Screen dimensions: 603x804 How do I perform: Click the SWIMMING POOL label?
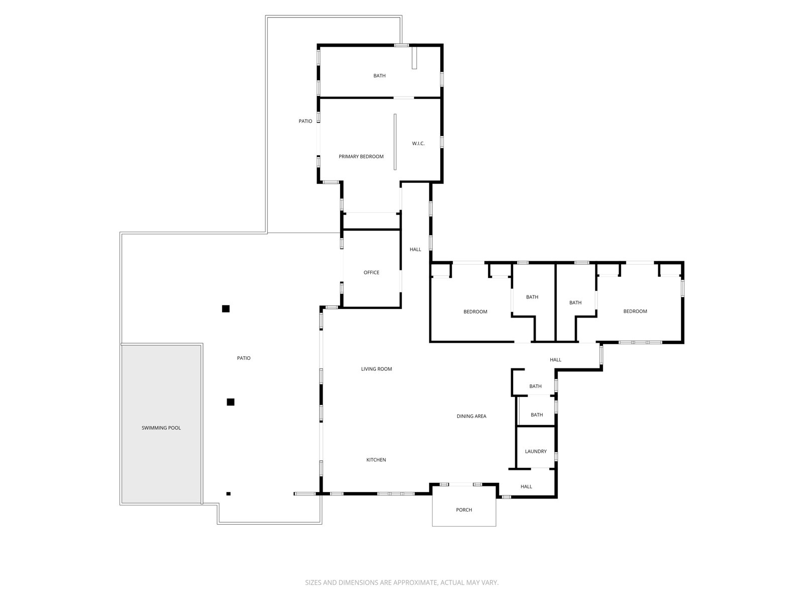[161, 428]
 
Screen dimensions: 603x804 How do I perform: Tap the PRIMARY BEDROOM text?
[361, 157]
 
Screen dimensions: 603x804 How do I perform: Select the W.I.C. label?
[418, 144]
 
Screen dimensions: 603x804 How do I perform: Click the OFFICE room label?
[371, 272]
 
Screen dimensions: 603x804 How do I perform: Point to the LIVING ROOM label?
[376, 369]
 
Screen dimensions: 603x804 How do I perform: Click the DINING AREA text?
[471, 416]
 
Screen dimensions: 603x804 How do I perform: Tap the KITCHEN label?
[376, 460]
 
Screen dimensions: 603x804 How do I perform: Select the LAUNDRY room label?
[536, 451]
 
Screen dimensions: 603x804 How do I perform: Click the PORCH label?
[464, 510]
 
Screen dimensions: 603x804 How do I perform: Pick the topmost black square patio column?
[226, 309]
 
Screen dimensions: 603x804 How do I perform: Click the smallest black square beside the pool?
[228, 493]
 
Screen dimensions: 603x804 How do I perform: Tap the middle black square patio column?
[231, 401]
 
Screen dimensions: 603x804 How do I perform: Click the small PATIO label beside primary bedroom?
[306, 121]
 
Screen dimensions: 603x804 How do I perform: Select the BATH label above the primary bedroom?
[379, 76]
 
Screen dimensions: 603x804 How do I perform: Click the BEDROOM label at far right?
[635, 311]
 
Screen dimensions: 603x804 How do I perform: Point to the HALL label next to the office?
[416, 249]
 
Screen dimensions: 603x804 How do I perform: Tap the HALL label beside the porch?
[526, 486]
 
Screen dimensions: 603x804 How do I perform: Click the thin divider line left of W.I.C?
[395, 142]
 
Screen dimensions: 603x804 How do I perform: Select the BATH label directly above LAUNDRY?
[537, 415]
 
